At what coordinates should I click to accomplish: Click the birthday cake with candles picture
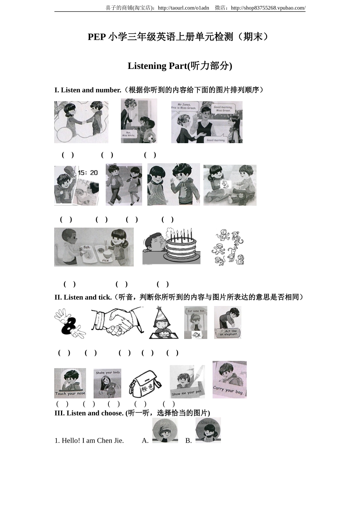172,246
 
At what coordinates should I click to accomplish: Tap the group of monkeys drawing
228,247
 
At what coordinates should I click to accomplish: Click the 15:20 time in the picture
88,173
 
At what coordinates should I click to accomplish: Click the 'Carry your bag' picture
229,379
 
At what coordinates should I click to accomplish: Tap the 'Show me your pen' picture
187,382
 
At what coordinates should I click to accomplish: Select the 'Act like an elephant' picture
227,322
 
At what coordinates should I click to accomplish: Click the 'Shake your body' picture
108,383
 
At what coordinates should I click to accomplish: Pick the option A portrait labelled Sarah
165,430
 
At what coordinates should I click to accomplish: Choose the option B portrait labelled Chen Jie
208,430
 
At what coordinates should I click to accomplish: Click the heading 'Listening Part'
180,66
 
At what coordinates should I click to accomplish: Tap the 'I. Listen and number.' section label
88,90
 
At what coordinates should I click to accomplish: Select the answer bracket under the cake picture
121,284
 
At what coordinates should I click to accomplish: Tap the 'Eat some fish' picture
196,322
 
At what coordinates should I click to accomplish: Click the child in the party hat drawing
163,323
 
